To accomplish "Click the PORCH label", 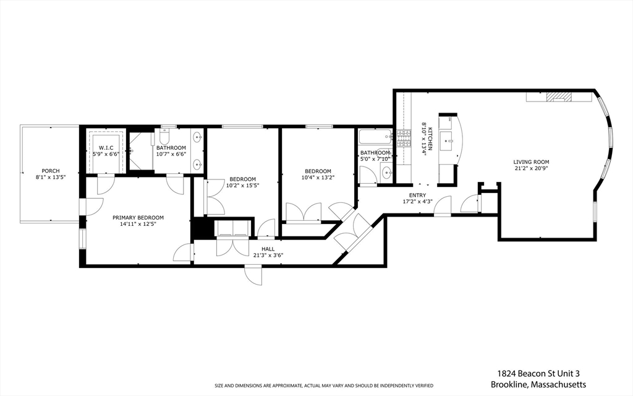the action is tap(51, 171).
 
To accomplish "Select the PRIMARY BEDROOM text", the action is tap(138, 217).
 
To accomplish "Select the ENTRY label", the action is tap(417, 195).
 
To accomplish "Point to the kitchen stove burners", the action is tap(404, 139).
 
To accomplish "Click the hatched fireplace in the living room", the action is tap(561, 96).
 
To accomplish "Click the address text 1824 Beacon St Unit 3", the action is tap(538, 373).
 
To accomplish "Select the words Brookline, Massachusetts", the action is tap(538, 384).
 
